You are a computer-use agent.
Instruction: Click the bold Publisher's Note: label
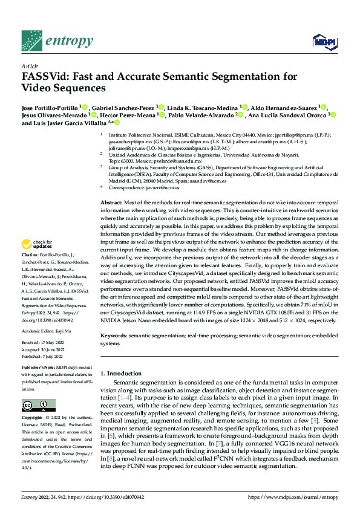(39, 367)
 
